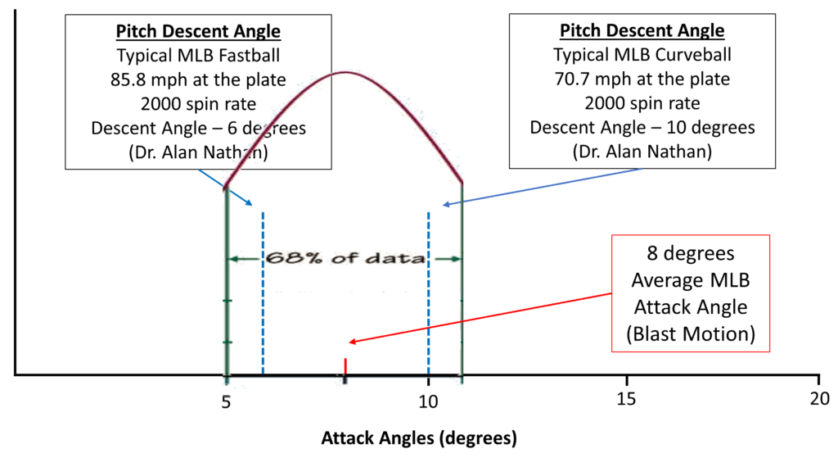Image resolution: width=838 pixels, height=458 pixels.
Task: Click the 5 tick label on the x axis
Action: tap(226, 401)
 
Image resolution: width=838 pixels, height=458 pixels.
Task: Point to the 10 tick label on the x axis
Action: tap(428, 401)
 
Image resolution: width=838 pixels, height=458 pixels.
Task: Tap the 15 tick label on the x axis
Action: tap(626, 401)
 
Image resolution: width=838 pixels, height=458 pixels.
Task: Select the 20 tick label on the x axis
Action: tap(818, 401)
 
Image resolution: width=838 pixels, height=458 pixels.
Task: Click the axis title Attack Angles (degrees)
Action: tap(419, 438)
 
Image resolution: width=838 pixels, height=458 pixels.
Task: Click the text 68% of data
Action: tap(344, 258)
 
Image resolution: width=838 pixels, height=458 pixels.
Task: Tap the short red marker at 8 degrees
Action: tap(345, 366)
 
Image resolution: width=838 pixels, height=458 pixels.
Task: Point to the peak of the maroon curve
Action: tap(345, 73)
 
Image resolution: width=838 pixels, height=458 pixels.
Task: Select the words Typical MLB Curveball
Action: tap(642, 55)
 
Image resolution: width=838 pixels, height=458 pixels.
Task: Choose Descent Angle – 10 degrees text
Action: tap(642, 129)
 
